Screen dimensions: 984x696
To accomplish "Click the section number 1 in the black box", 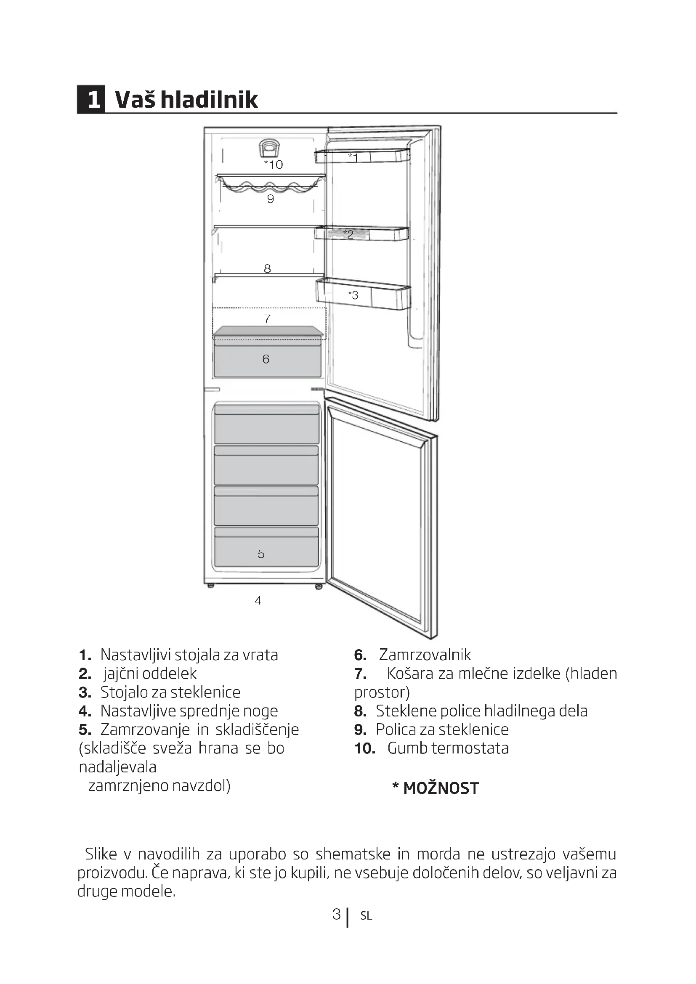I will pyautogui.click(x=91, y=99).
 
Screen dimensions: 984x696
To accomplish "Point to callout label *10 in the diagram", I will pyautogui.click(x=274, y=164).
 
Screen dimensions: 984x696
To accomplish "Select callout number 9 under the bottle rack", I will pyautogui.click(x=271, y=199).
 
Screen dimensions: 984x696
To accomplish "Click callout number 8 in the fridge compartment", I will pyautogui.click(x=268, y=269).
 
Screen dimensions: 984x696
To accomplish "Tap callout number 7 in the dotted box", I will pyautogui.click(x=268, y=319).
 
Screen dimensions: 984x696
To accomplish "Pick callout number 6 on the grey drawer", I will pyautogui.click(x=266, y=359).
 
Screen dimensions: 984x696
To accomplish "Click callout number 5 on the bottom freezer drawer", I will pyautogui.click(x=261, y=554).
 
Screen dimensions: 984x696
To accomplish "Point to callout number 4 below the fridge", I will pyautogui.click(x=258, y=600).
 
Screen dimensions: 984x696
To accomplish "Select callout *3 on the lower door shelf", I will pyautogui.click(x=353, y=295).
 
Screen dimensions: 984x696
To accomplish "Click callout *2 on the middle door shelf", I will pyautogui.click(x=348, y=234).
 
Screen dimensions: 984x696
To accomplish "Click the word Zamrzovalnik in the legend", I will pyautogui.click(x=425, y=655).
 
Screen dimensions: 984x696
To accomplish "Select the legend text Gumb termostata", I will pyautogui.click(x=448, y=748).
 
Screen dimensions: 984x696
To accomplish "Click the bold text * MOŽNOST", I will pyautogui.click(x=436, y=788).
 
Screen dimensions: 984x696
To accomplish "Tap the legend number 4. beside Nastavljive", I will pyautogui.click(x=85, y=711).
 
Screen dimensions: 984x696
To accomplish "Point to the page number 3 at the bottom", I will pyautogui.click(x=337, y=914).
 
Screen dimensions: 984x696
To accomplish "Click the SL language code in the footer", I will pyautogui.click(x=366, y=916).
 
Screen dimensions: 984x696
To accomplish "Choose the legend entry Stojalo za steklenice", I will pyautogui.click(x=170, y=692).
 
